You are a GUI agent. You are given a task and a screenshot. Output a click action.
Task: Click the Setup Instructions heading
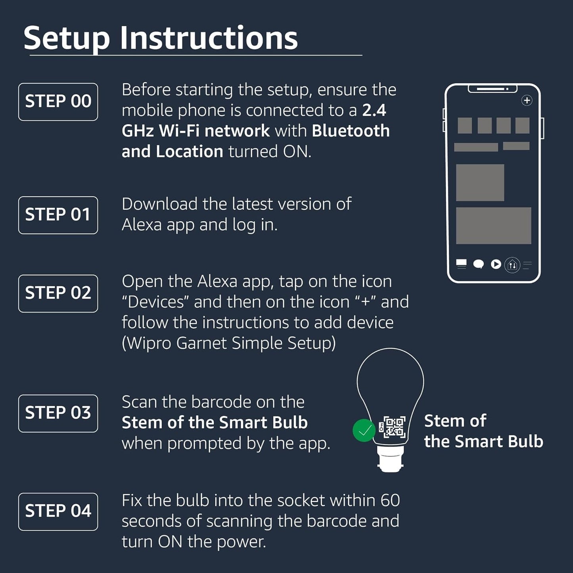[x=161, y=38]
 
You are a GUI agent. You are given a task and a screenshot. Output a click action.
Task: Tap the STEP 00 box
[x=58, y=102]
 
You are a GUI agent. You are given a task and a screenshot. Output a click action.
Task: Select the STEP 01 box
[x=58, y=215]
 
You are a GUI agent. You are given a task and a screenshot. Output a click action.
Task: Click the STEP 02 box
[x=58, y=293]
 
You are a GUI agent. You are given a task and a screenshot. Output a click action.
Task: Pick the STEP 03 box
[x=58, y=413]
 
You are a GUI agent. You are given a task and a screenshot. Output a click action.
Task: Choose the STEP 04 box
[x=58, y=512]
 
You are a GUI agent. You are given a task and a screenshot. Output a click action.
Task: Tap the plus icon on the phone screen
[x=527, y=101]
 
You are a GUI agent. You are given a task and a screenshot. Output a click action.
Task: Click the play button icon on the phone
[x=496, y=264]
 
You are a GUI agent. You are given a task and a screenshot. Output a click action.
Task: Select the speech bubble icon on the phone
[x=479, y=264]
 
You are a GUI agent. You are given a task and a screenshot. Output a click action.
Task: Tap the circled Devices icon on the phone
[x=512, y=264]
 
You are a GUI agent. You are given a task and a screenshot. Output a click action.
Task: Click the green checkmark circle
[x=364, y=430]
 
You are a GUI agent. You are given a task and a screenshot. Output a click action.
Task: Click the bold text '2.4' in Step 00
[x=374, y=110]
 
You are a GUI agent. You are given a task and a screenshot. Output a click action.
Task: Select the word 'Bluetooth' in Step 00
[x=351, y=131]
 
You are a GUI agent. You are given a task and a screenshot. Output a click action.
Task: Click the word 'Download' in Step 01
[x=159, y=204]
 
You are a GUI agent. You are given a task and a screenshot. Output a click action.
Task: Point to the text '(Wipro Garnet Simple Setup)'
[x=228, y=343]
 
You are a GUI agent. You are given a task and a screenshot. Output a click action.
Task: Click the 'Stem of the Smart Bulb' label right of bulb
[x=483, y=431]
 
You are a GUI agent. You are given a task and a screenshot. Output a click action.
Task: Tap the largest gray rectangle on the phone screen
[x=493, y=225]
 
